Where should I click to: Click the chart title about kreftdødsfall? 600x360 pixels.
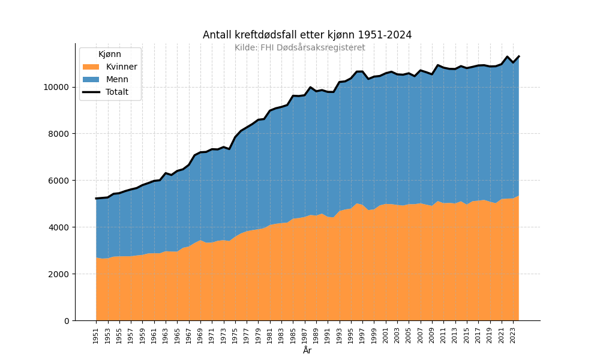(307, 35)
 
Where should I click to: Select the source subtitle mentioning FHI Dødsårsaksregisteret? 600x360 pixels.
(299, 47)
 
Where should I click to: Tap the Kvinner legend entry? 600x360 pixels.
(121, 67)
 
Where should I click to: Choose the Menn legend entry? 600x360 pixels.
(117, 79)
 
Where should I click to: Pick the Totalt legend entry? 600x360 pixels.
(117, 92)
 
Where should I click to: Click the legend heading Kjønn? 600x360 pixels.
(110, 54)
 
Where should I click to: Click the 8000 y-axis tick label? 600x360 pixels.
(59, 134)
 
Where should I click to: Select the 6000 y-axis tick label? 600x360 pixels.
(59, 181)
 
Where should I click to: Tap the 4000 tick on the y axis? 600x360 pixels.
(59, 227)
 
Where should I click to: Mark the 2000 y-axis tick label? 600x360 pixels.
(59, 274)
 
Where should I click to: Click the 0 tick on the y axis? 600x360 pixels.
(66, 321)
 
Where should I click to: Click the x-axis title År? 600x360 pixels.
(307, 350)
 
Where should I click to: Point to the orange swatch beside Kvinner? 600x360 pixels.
(91, 67)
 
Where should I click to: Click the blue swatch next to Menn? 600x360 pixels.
(91, 79)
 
